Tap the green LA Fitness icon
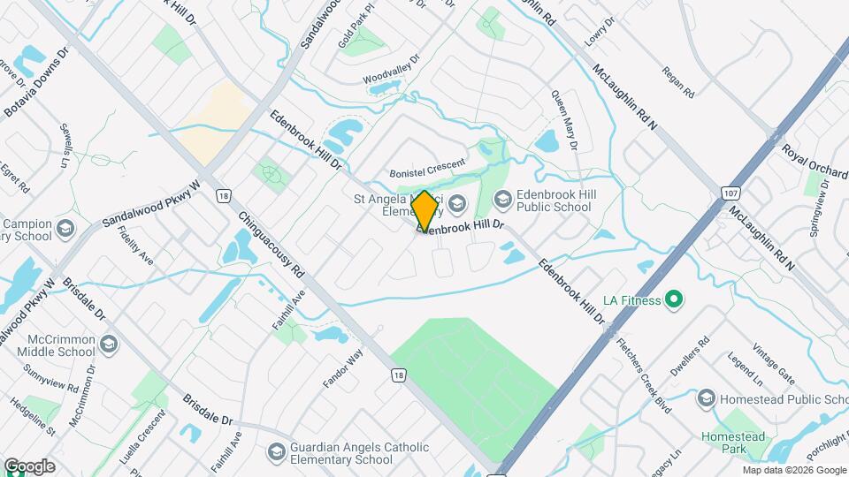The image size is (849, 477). (674, 301)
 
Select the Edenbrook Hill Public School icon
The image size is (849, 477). (503, 201)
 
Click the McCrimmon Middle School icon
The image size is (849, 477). (109, 344)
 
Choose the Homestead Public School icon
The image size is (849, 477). (707, 399)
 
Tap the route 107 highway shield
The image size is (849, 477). (730, 192)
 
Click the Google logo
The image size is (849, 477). (28, 466)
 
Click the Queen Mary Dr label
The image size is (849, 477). (564, 119)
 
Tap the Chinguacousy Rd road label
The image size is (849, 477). (272, 246)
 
